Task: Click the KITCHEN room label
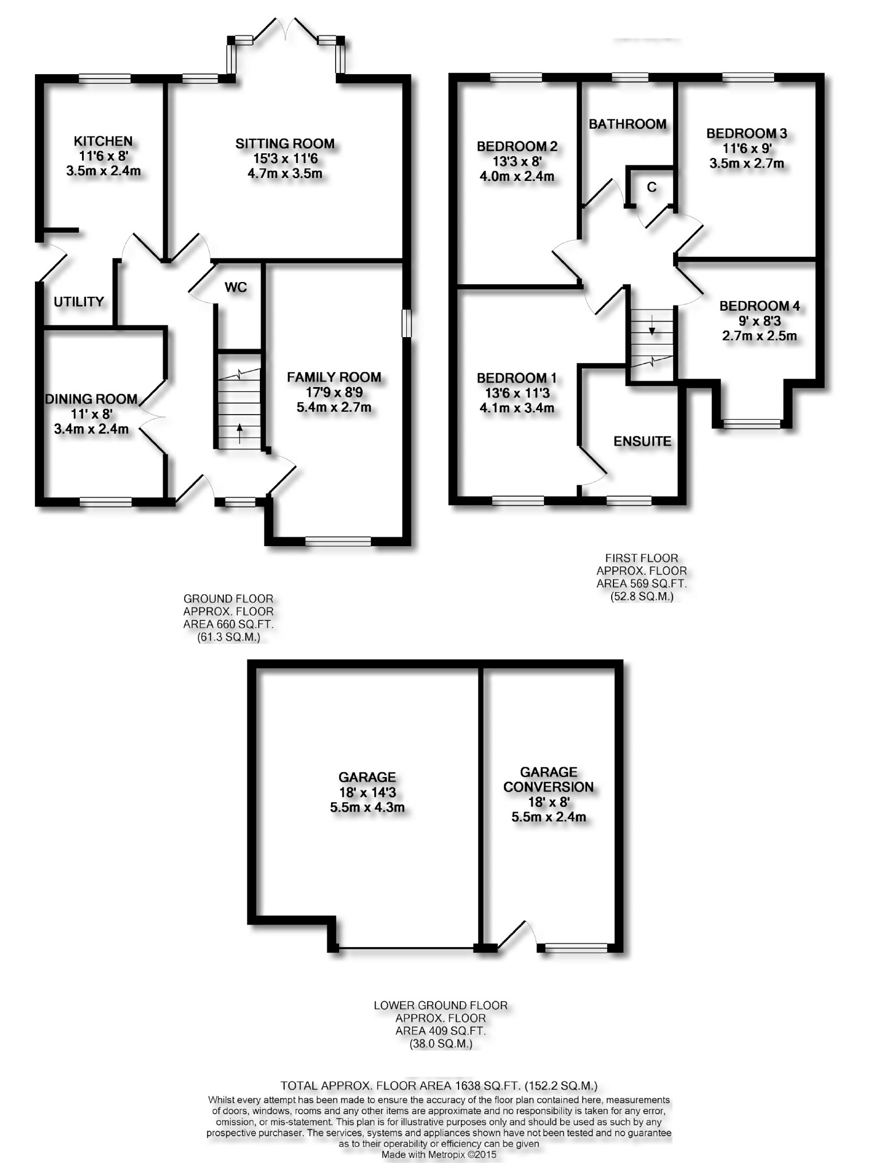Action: pos(103,141)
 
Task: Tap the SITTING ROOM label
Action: pos(285,144)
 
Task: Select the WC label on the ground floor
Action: pos(236,287)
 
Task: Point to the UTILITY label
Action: pos(79,302)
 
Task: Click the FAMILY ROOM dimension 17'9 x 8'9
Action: pos(333,393)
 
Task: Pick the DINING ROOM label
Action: pos(91,399)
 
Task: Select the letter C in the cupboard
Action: pos(651,187)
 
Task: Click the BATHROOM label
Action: pos(627,124)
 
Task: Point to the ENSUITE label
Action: pos(642,441)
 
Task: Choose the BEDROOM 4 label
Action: pos(759,306)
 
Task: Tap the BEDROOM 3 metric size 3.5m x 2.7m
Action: pos(747,163)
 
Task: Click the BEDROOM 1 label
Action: pos(516,378)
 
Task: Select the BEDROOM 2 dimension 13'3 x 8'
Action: pos(516,162)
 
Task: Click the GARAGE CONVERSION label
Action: pos(549,779)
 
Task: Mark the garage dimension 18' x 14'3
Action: pos(367,793)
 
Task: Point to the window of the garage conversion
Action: pos(576,947)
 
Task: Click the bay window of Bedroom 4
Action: pos(751,424)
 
